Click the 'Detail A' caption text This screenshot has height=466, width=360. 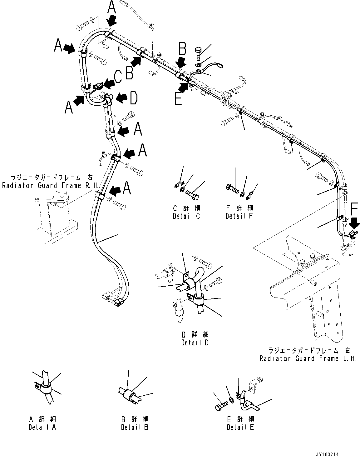[x=42, y=427]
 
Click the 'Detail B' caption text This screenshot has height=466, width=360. [x=135, y=427]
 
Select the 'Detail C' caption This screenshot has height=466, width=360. [x=186, y=216]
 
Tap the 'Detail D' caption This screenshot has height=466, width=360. [x=195, y=343]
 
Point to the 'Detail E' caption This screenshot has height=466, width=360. [x=240, y=427]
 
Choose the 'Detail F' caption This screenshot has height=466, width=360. [x=239, y=216]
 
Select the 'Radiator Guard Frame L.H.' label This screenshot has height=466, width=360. [x=308, y=358]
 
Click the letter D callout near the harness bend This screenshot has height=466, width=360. [x=134, y=98]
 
